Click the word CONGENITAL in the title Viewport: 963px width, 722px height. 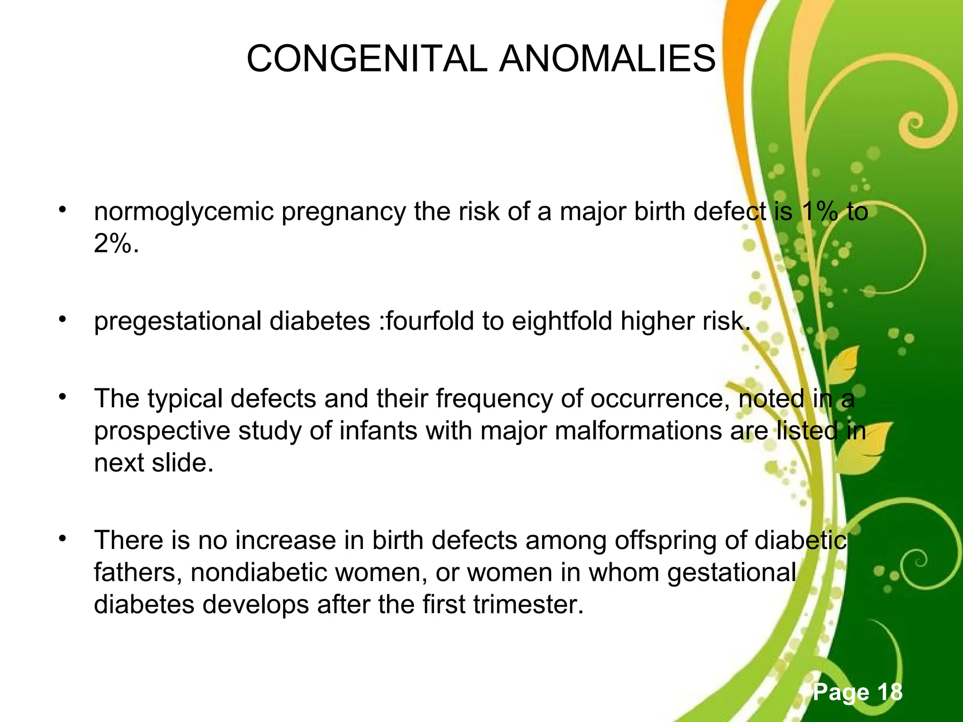pos(367,59)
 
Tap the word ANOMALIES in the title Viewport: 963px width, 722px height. pos(607,59)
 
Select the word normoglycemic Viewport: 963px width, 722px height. pos(184,212)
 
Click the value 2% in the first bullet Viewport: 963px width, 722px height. pos(116,243)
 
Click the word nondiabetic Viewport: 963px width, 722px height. pos(259,573)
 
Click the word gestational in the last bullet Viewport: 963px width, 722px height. pos(732,573)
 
